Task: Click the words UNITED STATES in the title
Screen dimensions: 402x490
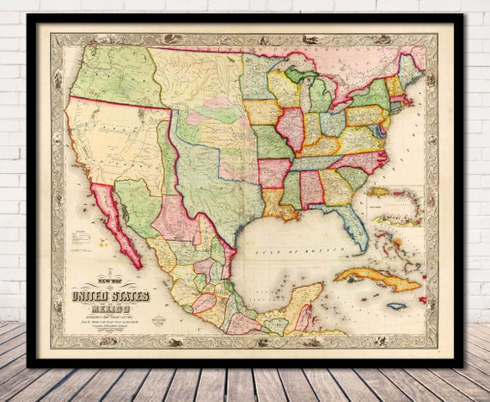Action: tap(111, 296)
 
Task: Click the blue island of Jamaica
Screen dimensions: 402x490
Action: tap(395, 306)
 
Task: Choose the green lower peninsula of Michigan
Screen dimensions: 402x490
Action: tap(316, 95)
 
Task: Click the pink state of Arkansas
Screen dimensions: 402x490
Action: tap(273, 172)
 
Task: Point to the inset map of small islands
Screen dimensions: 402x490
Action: tap(396, 207)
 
